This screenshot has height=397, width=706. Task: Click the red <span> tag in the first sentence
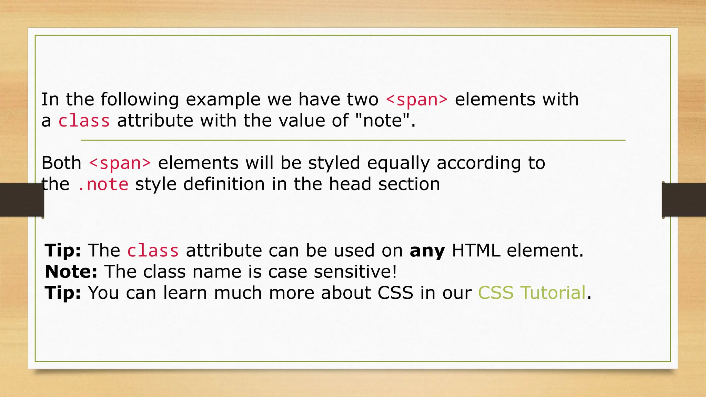(x=416, y=100)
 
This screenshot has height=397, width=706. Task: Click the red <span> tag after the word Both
(x=120, y=163)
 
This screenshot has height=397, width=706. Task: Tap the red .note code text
(x=103, y=184)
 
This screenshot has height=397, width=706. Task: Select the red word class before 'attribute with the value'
(x=84, y=121)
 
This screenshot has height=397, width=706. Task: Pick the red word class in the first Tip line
(x=153, y=251)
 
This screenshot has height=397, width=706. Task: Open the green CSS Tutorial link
(x=532, y=293)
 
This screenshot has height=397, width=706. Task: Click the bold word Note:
(x=71, y=272)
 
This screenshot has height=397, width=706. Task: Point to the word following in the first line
(x=140, y=100)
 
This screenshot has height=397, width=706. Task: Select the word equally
(x=398, y=163)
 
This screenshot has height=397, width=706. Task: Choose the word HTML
(x=476, y=251)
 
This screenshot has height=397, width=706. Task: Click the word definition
(x=224, y=184)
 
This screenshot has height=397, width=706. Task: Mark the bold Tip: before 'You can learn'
(x=63, y=293)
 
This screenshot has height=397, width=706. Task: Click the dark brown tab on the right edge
(x=684, y=200)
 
